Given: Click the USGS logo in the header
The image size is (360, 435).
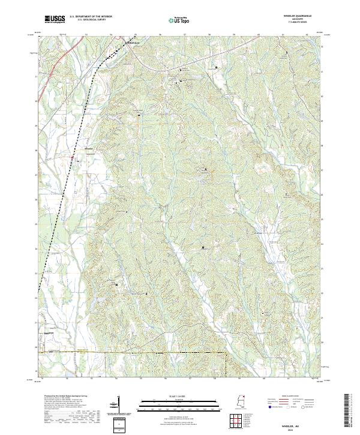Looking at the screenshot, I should click(55, 19).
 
